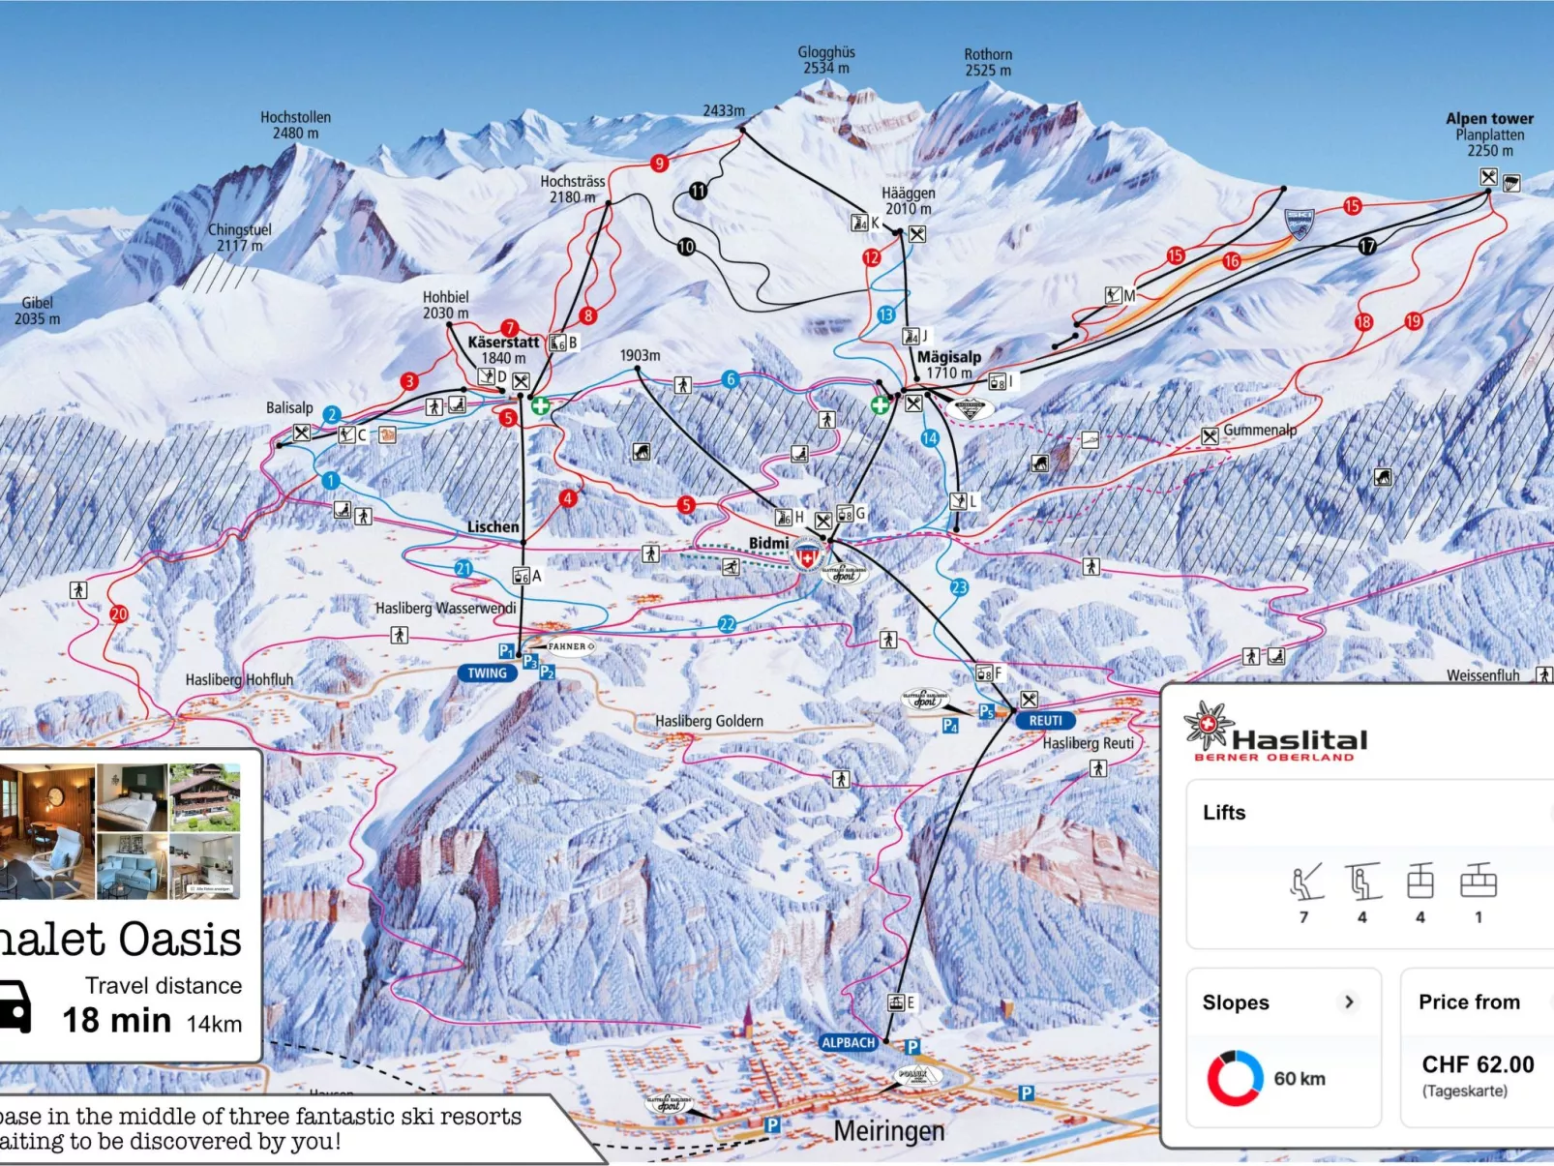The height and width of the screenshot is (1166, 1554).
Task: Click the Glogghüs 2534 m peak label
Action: point(826,60)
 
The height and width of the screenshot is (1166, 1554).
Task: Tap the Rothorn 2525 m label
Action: point(988,62)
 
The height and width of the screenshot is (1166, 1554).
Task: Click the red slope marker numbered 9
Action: point(659,163)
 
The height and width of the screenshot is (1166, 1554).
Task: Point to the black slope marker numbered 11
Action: point(698,191)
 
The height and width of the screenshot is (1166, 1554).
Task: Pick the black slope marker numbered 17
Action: point(1367,246)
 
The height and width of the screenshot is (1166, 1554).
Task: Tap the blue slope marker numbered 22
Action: point(727,624)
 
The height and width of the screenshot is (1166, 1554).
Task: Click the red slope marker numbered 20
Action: point(118,613)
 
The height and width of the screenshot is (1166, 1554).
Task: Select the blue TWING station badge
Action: point(487,673)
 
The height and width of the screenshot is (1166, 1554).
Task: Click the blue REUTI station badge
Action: point(1045,721)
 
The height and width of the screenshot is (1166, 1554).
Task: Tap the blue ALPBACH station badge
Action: point(848,1042)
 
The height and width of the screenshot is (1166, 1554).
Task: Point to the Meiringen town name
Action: point(888,1130)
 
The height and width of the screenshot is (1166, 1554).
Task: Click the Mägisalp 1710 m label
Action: point(948,365)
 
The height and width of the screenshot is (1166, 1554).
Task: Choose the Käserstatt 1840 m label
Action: point(503,349)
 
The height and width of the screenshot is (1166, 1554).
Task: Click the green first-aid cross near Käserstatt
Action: point(540,405)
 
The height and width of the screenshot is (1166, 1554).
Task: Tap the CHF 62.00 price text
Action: point(1478,1064)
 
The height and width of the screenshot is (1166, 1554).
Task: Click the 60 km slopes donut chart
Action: point(1235,1078)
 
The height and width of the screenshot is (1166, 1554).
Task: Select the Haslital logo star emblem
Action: point(1208,726)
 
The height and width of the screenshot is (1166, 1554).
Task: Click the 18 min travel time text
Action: point(117,1020)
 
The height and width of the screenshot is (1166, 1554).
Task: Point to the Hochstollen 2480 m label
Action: point(295,125)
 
